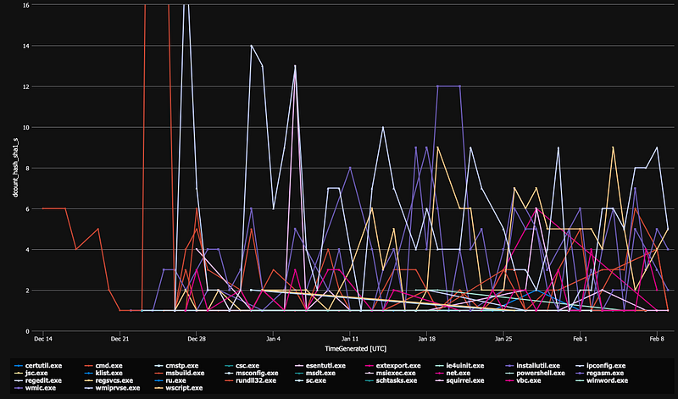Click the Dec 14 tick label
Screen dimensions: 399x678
[x=43, y=338]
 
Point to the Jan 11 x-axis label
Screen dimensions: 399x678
[x=350, y=338]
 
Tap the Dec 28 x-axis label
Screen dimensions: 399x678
[x=197, y=338]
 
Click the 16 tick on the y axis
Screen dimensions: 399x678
[x=27, y=5]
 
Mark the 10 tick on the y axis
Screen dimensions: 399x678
[x=27, y=128]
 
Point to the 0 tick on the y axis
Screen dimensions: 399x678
[x=29, y=331]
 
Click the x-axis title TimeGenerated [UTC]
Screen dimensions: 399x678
[x=350, y=348]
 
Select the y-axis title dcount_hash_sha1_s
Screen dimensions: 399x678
[x=12, y=168]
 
